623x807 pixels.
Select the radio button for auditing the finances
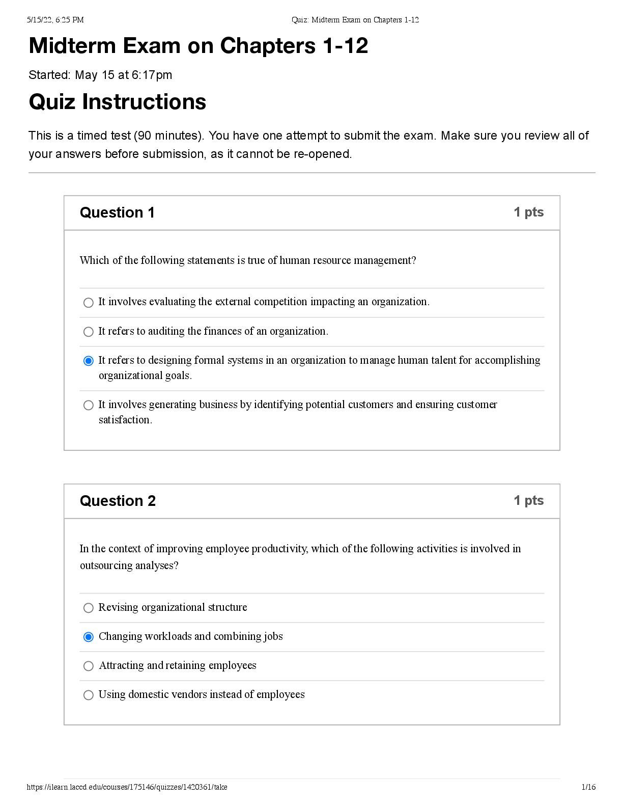pos(89,332)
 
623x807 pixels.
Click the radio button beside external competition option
pos(89,303)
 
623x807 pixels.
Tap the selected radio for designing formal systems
pos(89,361)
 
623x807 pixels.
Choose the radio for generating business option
pos(89,405)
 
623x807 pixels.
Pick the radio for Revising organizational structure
pos(89,608)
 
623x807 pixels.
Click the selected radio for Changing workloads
pos(89,637)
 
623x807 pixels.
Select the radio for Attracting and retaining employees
pos(89,666)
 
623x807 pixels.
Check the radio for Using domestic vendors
pos(89,695)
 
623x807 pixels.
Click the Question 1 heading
pos(117,212)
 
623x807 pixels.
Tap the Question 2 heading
pos(118,501)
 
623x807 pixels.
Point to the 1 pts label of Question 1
pos(528,212)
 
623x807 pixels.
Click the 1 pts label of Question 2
pos(528,501)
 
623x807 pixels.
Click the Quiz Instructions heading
pos(118,102)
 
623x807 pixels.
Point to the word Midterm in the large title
pos(72,46)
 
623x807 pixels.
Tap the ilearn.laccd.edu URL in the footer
pos(127,787)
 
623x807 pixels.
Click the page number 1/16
pos(588,787)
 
